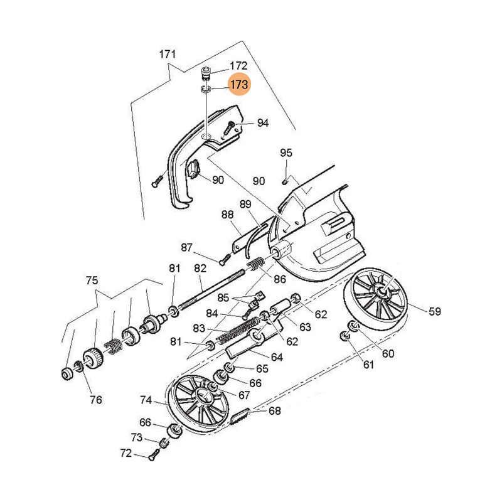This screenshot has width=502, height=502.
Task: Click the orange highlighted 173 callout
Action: (x=239, y=84)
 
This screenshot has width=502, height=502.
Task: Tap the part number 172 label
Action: (x=238, y=66)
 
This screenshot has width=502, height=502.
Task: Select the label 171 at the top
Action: (x=167, y=54)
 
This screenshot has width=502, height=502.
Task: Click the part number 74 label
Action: (x=146, y=400)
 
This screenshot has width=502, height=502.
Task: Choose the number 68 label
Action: (x=274, y=411)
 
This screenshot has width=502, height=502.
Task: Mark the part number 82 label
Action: (x=200, y=268)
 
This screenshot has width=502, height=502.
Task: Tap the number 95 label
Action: (x=286, y=152)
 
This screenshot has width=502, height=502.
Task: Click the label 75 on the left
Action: (x=92, y=280)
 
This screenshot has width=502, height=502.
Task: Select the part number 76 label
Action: (x=95, y=399)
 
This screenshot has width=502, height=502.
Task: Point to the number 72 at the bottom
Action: (x=125, y=452)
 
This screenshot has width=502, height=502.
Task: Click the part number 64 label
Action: (x=277, y=357)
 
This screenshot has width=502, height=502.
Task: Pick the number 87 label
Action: (x=188, y=247)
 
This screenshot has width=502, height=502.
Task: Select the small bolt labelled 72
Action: (x=151, y=457)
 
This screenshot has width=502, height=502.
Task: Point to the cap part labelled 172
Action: (x=206, y=73)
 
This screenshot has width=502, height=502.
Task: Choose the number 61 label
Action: (x=368, y=365)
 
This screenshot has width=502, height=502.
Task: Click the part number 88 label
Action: (x=227, y=214)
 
